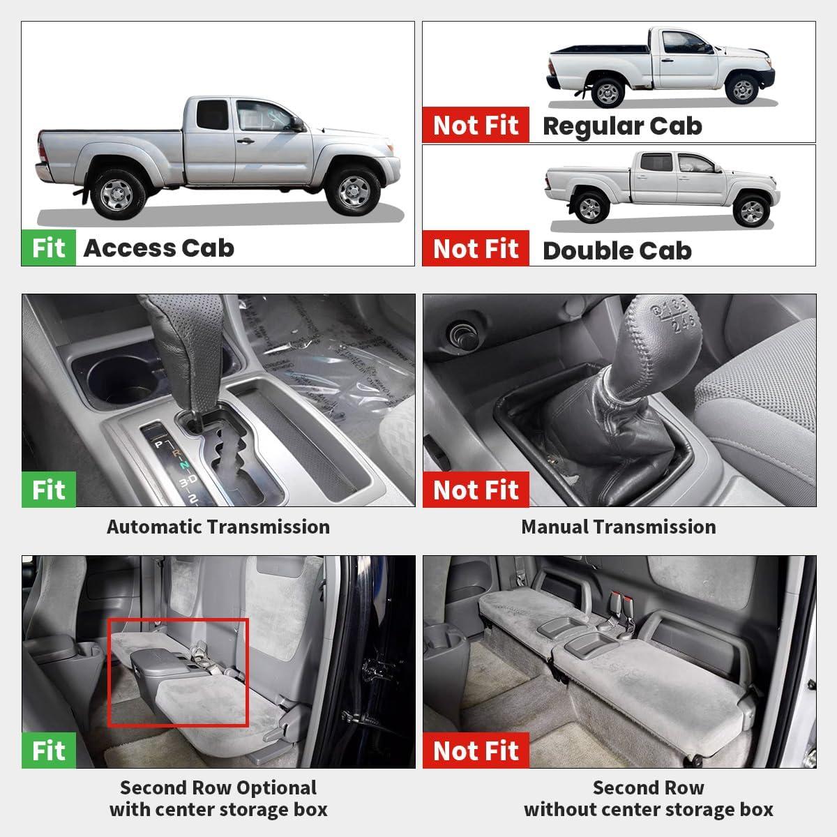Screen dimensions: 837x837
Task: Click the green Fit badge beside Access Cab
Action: pos(49,248)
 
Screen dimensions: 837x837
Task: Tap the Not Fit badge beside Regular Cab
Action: pos(476,125)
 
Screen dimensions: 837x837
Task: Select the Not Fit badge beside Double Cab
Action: pos(476,248)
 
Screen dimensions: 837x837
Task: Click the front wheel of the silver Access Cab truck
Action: pos(353,190)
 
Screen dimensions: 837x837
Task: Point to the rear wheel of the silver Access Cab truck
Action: pos(118,194)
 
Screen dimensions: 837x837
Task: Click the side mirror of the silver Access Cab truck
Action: pos(298,124)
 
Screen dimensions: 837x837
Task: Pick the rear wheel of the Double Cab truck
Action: pos(590,208)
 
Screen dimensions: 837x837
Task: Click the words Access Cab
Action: pos(159,248)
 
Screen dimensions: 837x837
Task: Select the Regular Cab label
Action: pos(622,126)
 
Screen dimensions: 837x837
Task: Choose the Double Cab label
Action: pos(617,250)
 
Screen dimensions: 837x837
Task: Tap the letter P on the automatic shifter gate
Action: pos(159,444)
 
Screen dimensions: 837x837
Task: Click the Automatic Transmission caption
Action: pos(218,527)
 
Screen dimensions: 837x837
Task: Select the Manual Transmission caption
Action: pos(619,527)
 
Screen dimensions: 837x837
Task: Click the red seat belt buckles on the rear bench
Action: pos(621,601)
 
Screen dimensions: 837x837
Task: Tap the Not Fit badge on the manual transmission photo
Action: pos(476,490)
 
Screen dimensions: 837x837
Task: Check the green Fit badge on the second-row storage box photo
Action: pos(49,750)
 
